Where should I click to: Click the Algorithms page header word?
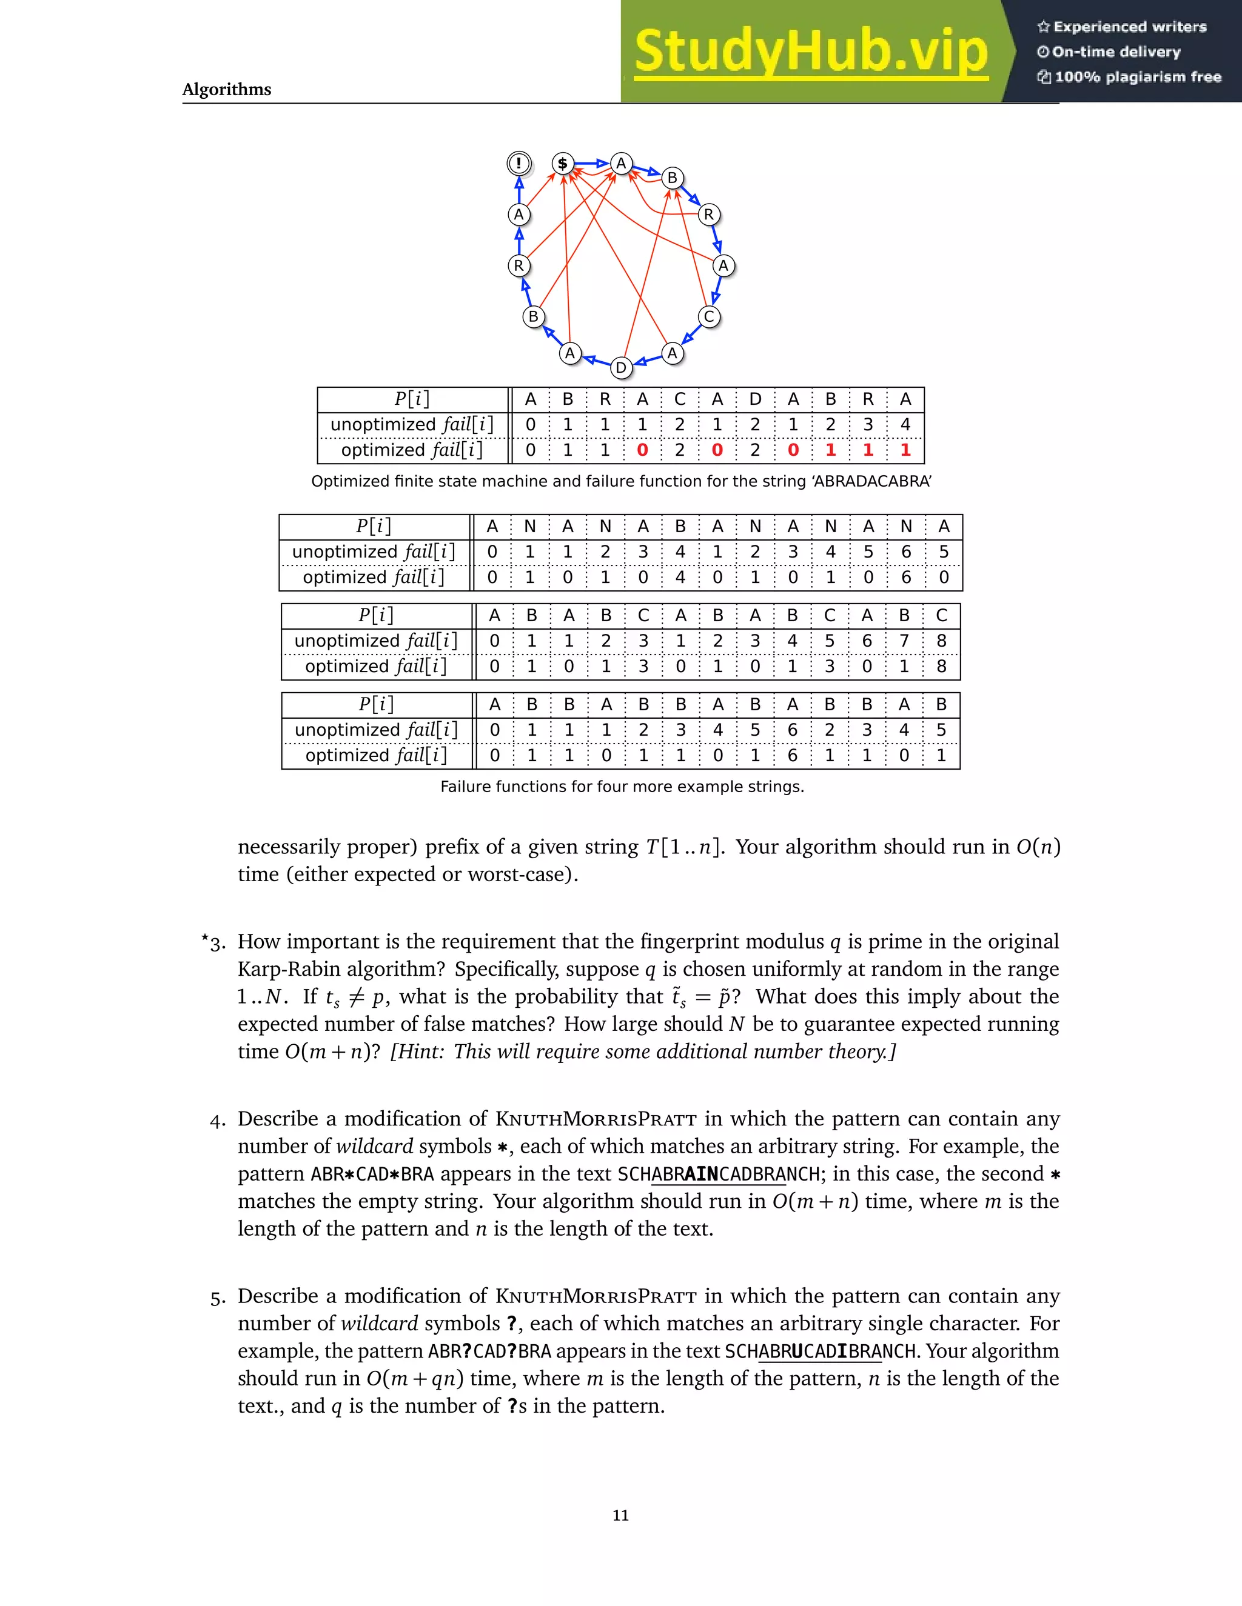[227, 90]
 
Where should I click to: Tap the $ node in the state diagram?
[563, 163]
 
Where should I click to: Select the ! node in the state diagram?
[519, 162]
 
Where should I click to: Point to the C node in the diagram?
[708, 317]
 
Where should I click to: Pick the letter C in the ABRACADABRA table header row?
[680, 399]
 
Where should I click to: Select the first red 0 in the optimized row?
[642, 450]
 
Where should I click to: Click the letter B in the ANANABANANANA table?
[680, 527]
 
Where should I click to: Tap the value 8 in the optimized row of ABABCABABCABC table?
[941, 666]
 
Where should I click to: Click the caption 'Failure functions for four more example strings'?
[622, 787]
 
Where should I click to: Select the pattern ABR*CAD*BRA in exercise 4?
[372, 1175]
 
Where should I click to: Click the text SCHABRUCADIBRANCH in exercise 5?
[821, 1351]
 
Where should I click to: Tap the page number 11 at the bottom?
[620, 1516]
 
